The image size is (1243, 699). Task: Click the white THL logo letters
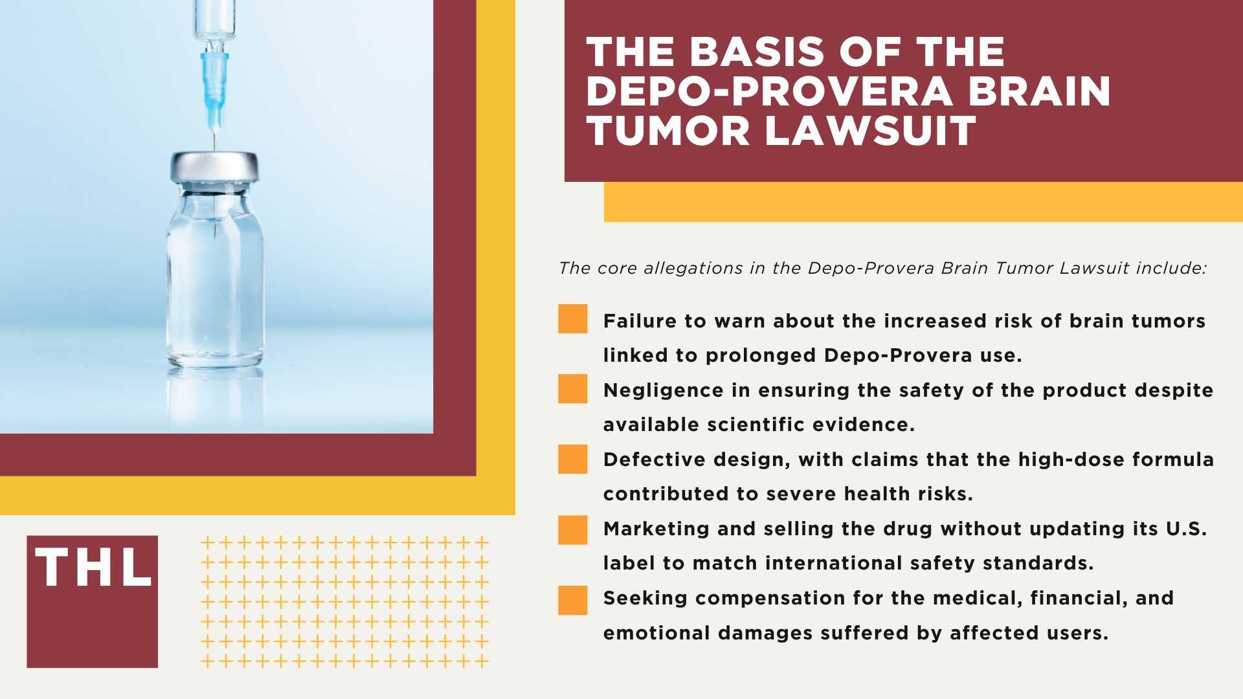(93, 567)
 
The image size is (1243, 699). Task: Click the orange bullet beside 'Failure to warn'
(573, 319)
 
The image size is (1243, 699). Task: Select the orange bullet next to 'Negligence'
(573, 389)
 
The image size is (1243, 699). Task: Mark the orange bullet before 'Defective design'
(573, 459)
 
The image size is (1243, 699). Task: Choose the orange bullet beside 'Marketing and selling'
(573, 529)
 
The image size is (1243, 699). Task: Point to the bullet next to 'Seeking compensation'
(573, 600)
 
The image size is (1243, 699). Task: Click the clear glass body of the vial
(216, 278)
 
